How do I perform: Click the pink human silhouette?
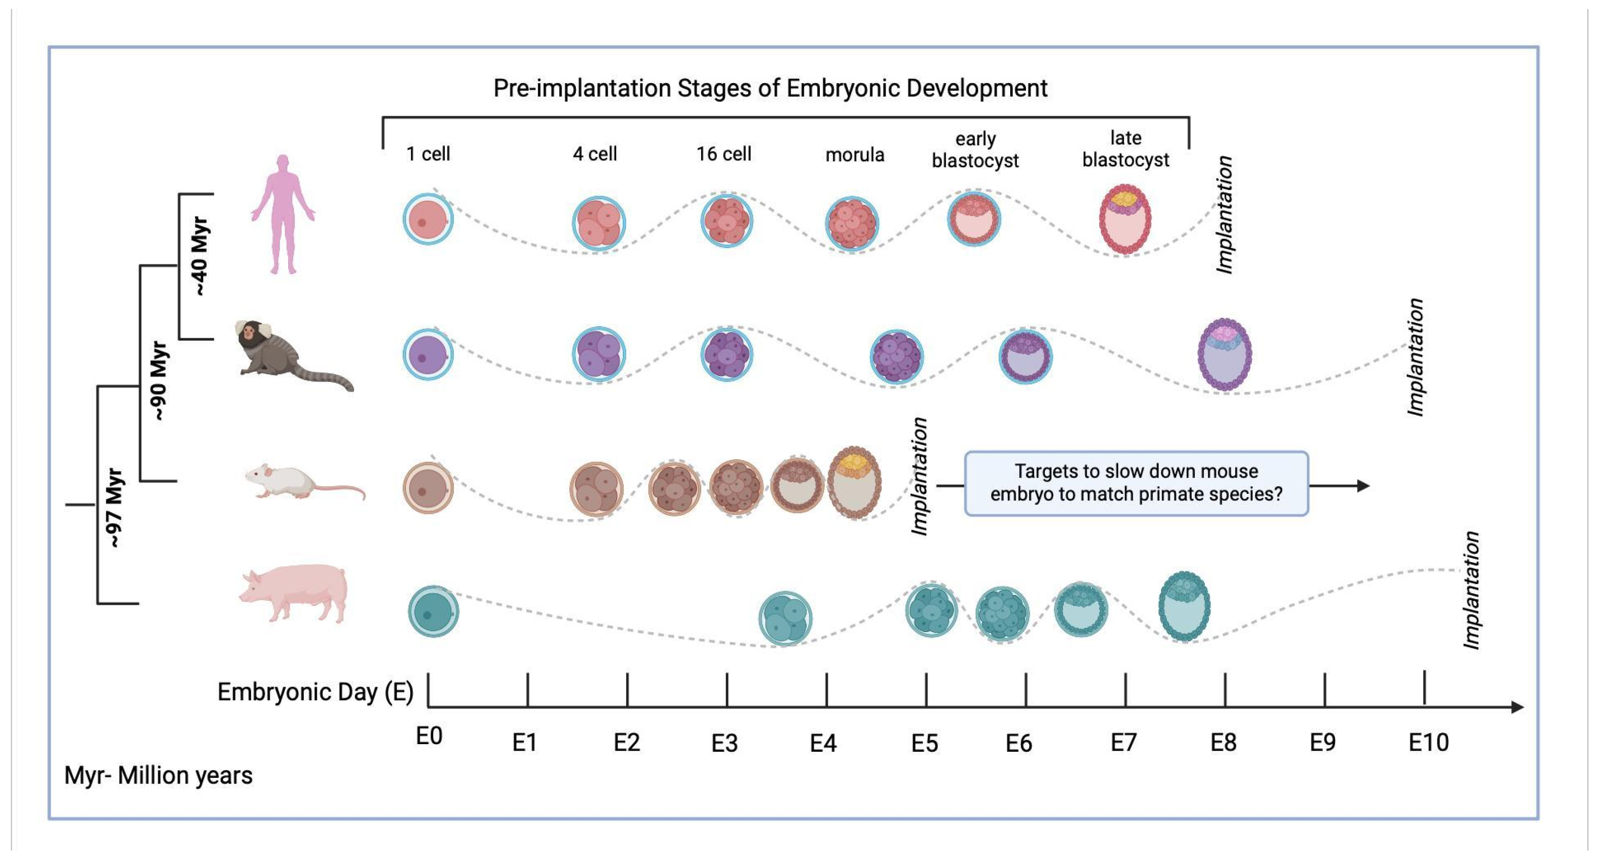(x=282, y=214)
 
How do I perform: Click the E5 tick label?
(x=924, y=743)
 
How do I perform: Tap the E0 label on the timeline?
(x=428, y=737)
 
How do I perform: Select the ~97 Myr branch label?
(x=115, y=509)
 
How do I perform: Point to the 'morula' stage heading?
(x=855, y=154)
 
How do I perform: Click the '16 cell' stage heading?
(x=723, y=154)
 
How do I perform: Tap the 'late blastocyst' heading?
(x=1125, y=149)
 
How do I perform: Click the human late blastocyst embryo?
(x=1125, y=219)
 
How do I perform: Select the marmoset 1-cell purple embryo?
(x=428, y=355)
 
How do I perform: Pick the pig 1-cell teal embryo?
(x=433, y=611)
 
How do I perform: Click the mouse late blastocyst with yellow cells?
(x=855, y=482)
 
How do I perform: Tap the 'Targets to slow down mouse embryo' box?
(x=1136, y=483)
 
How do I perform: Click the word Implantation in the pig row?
(x=1471, y=590)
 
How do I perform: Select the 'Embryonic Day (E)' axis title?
(x=315, y=692)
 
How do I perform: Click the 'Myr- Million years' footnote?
(x=158, y=775)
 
